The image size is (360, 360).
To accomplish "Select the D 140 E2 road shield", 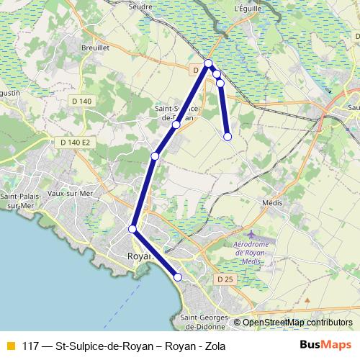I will pyautogui.click(x=75, y=143).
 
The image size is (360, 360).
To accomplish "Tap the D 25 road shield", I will pyautogui.click(x=225, y=278).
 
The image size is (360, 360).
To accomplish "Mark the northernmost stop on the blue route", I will pyautogui.click(x=209, y=64).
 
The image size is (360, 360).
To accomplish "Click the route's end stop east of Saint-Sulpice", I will pyautogui.click(x=227, y=136).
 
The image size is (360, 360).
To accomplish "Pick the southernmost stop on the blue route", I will pyautogui.click(x=178, y=277).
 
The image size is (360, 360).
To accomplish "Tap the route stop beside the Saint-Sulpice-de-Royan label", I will pyautogui.click(x=176, y=125).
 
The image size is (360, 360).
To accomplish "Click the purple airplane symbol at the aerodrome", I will pyautogui.click(x=250, y=235).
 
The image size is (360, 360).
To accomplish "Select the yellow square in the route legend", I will pyautogui.click(x=10, y=346).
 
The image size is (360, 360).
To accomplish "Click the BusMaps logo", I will pyautogui.click(x=325, y=345).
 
